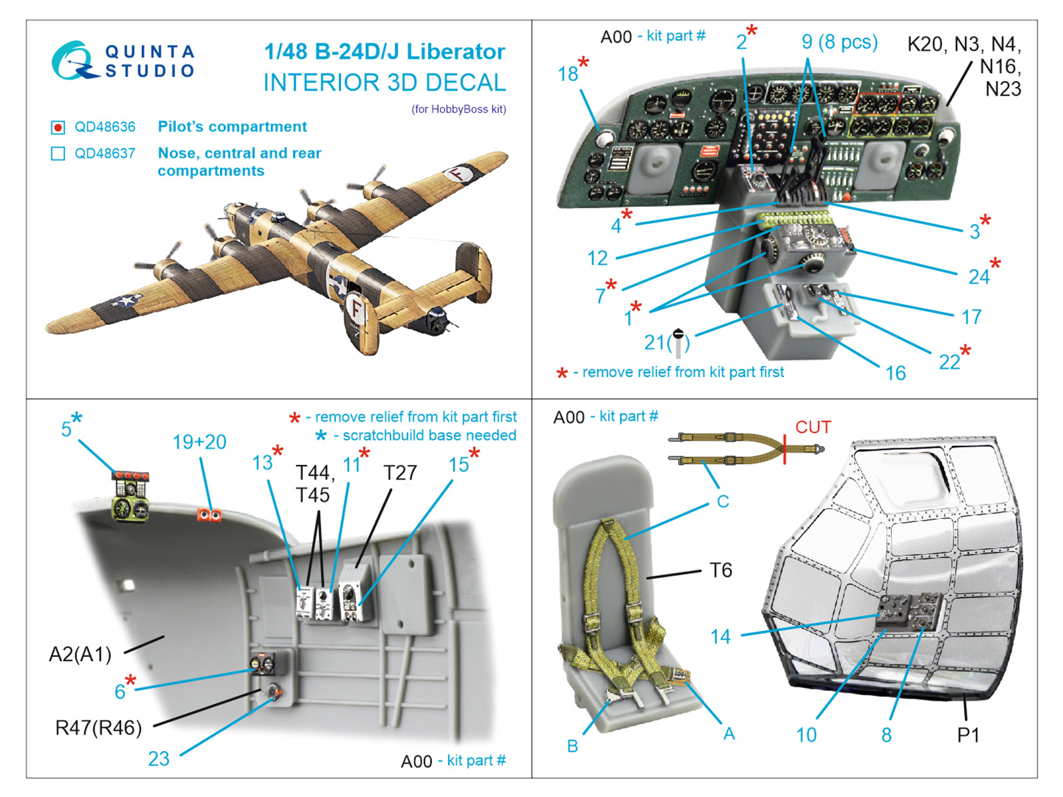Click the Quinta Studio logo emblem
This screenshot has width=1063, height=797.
(73, 61)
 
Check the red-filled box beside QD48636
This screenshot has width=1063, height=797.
(58, 127)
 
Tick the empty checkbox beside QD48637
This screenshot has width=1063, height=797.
(58, 153)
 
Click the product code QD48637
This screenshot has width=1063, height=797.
(104, 153)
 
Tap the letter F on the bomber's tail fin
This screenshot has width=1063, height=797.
(357, 310)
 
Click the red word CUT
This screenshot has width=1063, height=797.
(813, 427)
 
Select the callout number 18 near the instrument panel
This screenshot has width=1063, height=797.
(567, 74)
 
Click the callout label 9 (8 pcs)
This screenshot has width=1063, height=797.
(839, 42)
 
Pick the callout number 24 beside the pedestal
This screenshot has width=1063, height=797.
(979, 276)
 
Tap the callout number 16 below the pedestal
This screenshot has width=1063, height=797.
(895, 373)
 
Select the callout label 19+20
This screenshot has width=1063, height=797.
(199, 442)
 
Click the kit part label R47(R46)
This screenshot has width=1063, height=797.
(98, 728)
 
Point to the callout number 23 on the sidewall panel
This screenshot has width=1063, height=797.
(159, 758)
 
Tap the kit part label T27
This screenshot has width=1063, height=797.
(400, 473)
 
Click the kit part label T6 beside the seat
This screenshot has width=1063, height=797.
(720, 570)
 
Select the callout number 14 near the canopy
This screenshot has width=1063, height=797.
(720, 637)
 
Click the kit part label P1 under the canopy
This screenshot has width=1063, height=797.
(968, 735)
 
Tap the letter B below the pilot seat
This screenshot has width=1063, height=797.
(573, 746)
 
